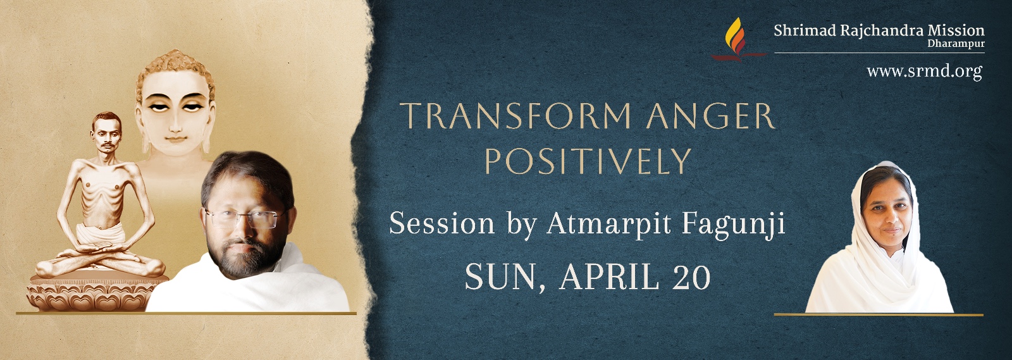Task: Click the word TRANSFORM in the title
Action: tap(516, 116)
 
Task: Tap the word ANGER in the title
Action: tap(711, 116)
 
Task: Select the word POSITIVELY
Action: tap(588, 161)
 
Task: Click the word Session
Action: tap(441, 223)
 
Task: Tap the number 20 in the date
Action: tap(691, 277)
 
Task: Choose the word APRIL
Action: tap(609, 277)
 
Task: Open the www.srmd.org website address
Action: tap(924, 71)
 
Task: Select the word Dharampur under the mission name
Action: tap(956, 44)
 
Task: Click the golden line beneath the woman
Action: tap(879, 314)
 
